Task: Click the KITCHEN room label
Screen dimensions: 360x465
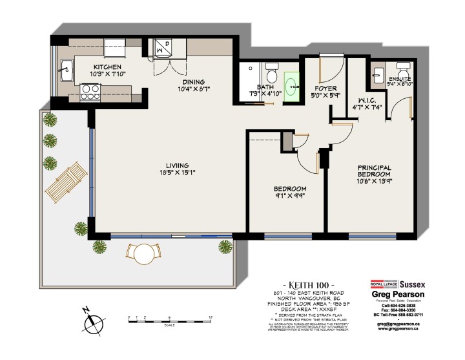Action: (105, 67)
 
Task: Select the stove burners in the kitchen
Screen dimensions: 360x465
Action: (87, 96)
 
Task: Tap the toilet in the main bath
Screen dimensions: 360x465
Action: (272, 68)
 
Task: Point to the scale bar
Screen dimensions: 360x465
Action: (170, 319)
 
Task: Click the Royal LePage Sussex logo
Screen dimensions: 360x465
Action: (393, 283)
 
